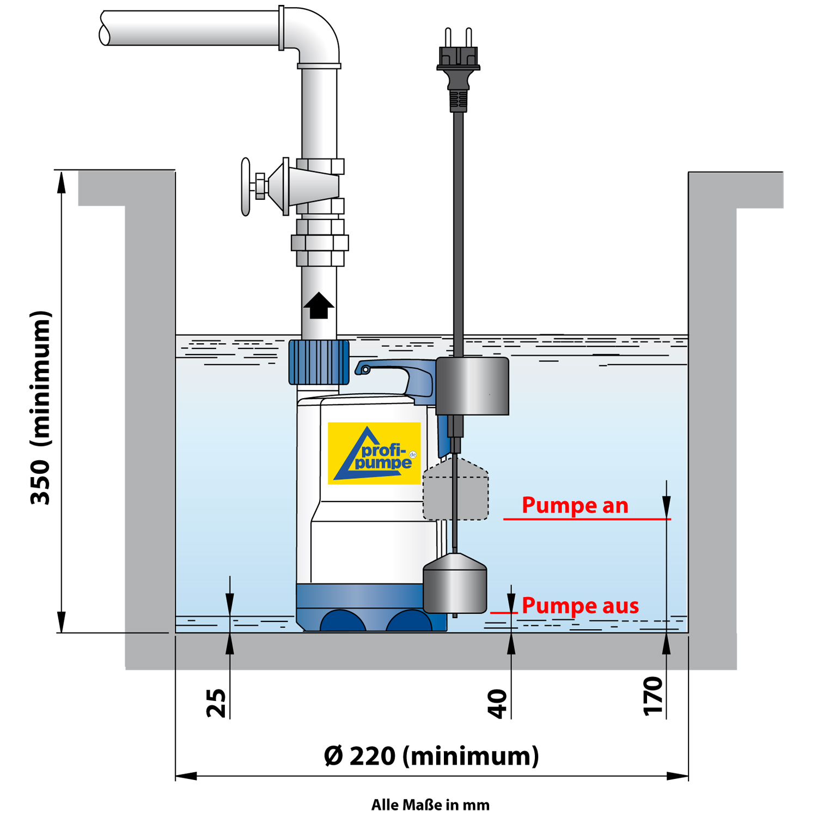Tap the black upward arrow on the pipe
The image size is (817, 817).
point(319,306)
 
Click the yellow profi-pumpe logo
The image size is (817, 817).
point(374,453)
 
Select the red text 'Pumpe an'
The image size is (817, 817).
point(575,505)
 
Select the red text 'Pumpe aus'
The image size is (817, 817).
point(580,606)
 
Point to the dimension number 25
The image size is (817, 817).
point(216,703)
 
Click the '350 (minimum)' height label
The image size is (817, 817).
point(41,407)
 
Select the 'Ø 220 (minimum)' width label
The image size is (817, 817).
point(431,756)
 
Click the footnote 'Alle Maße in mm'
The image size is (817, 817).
point(430,805)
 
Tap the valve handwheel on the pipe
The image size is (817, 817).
point(246,187)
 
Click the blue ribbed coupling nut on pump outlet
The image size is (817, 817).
point(319,362)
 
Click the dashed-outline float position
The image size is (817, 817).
point(456,490)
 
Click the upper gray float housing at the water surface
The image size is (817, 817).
point(472,386)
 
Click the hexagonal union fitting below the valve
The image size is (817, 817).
point(320,242)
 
